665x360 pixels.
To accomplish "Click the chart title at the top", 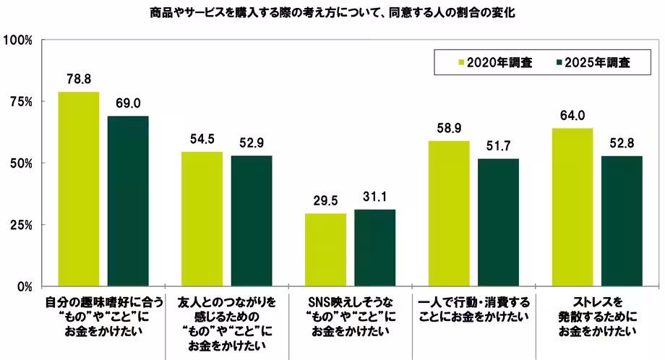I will pos(332,13).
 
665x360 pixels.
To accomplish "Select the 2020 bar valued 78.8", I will pos(78,189).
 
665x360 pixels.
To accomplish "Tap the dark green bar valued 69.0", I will pos(128,201).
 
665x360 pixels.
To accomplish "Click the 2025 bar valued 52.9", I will pos(252,221).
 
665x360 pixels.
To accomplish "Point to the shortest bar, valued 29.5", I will pos(325,249).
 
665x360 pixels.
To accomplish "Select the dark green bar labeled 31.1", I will pos(375,248).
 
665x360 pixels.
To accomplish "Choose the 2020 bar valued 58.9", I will pos(449,213).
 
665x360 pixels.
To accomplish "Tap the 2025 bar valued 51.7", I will pos(499,222).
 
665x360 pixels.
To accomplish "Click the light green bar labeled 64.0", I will pos(572,207).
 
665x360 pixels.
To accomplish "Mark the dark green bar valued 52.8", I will pos(622,221).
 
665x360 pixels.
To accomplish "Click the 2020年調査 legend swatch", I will pos(460,63).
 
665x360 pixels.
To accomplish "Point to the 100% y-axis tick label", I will pos(18,40).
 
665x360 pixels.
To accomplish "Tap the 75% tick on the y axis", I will pos(21,102).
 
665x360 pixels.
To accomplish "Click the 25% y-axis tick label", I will pos(21,225).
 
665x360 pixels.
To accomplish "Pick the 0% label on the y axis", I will pos(24,287).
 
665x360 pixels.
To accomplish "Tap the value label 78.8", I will pos(78,78).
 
